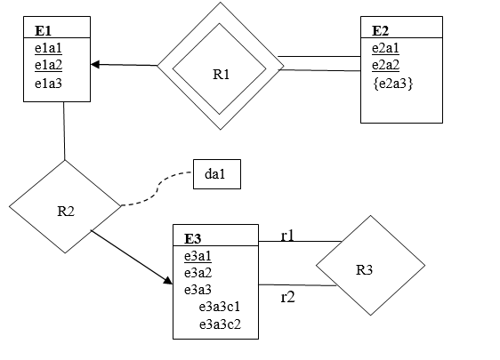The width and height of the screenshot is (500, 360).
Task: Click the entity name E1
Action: [x=43, y=28]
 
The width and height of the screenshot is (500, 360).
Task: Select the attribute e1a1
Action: [x=48, y=48]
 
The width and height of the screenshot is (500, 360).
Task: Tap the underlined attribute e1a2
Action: [x=48, y=66]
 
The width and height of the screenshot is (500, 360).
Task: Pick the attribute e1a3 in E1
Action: [x=48, y=84]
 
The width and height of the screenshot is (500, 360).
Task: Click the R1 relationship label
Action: [x=222, y=75]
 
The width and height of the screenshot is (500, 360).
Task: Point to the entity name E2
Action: [x=380, y=28]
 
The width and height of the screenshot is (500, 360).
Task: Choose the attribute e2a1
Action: [x=385, y=48]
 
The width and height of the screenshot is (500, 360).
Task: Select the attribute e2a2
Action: [x=385, y=66]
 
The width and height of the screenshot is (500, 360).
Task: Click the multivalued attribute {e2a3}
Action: [x=391, y=84]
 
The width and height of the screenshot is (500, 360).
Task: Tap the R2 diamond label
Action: [x=66, y=212]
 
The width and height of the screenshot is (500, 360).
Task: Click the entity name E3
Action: [x=192, y=237]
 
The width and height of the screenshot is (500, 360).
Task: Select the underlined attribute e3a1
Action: [x=198, y=256]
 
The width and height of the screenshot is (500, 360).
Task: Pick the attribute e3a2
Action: [x=198, y=273]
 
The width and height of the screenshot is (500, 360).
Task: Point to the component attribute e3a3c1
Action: [x=220, y=308]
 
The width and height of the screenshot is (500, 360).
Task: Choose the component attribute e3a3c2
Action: [x=220, y=324]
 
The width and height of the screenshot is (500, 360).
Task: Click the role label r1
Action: [x=287, y=236]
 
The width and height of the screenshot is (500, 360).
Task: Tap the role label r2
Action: [x=287, y=297]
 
